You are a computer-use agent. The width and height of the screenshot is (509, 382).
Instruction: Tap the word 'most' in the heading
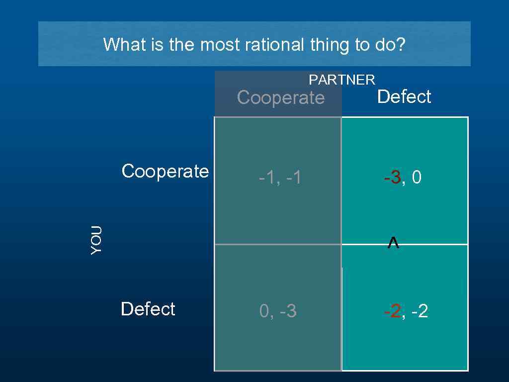[220, 45]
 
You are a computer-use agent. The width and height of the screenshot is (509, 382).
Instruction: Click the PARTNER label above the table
[342, 80]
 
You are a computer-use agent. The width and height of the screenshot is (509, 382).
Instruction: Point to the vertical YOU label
[96, 240]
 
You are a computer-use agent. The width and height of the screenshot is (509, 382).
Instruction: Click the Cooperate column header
[280, 97]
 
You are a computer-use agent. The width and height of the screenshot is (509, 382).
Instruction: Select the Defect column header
[404, 96]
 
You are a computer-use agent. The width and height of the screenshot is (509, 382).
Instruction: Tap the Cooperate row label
[165, 171]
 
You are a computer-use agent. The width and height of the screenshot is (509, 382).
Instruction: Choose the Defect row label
[148, 309]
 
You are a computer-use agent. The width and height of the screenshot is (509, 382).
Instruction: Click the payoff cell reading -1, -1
[280, 178]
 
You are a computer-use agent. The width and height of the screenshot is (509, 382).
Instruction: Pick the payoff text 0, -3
[278, 311]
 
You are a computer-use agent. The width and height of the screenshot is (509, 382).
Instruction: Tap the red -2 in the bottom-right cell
[393, 311]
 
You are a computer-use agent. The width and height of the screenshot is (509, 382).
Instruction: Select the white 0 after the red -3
[417, 178]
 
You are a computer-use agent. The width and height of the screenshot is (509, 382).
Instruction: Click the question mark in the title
[401, 45]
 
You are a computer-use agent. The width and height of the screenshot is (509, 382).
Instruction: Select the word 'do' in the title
[385, 45]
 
